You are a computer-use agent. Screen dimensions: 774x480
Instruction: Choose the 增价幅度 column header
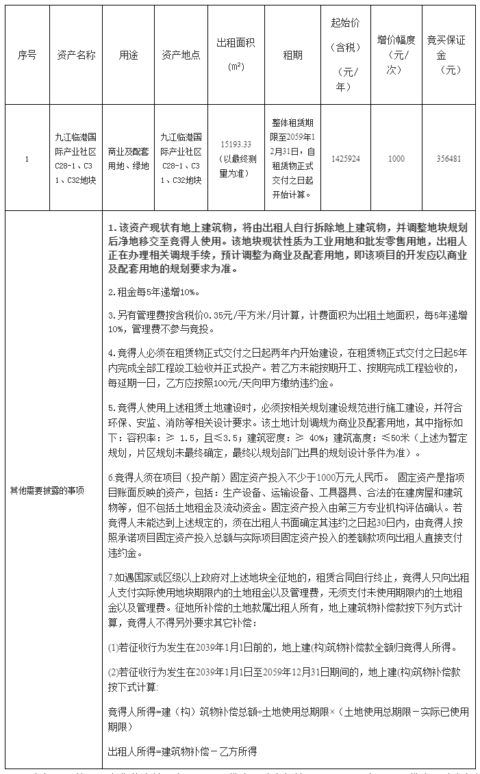pyautogui.click(x=396, y=55)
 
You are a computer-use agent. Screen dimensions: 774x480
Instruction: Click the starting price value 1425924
pyautogui.click(x=345, y=158)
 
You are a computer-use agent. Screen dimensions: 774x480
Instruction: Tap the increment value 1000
pyautogui.click(x=396, y=158)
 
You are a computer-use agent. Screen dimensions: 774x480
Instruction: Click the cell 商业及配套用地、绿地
pyautogui.click(x=128, y=158)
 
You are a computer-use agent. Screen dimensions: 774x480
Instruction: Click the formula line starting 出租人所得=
pyautogui.click(x=182, y=752)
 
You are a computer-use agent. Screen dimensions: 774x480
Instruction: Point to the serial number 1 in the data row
pyautogui.click(x=27, y=158)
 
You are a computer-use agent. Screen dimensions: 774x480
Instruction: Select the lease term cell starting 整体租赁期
pyautogui.click(x=292, y=158)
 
